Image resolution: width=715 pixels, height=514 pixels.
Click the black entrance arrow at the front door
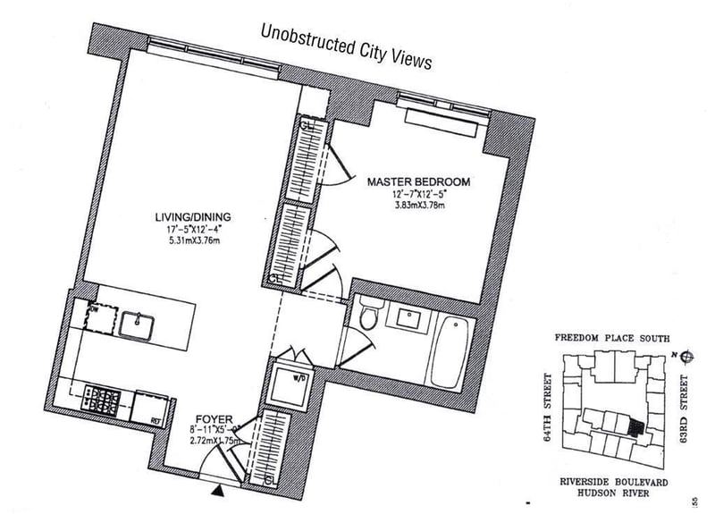click(217, 489)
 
